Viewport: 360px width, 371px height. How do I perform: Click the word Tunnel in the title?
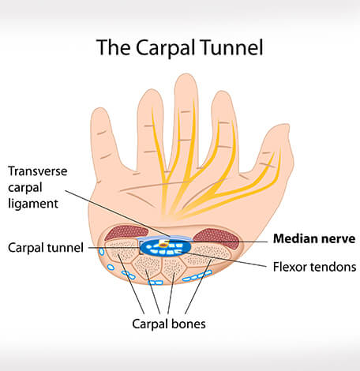pyautogui.click(x=231, y=47)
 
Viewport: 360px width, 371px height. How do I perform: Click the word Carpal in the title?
pyautogui.click(x=166, y=48)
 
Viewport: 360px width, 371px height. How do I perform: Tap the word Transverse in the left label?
pyautogui.click(x=38, y=171)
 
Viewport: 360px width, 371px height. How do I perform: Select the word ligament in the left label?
pyautogui.click(x=33, y=204)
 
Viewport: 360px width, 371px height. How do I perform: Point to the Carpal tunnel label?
pyautogui.click(x=46, y=248)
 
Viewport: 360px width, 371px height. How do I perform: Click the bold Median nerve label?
pyautogui.click(x=314, y=238)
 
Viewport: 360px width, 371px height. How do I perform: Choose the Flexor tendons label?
pyautogui.click(x=314, y=267)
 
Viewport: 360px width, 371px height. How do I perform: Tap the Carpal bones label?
pyautogui.click(x=169, y=324)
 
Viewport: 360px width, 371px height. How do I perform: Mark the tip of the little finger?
pyautogui.click(x=99, y=109)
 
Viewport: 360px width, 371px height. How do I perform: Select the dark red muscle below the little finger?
pyautogui.click(x=126, y=233)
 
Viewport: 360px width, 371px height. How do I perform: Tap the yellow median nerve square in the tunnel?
pyautogui.click(x=163, y=244)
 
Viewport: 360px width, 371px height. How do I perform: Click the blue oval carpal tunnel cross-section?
pyautogui.click(x=165, y=248)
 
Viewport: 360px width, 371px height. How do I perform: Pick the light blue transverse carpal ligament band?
pyautogui.click(x=164, y=238)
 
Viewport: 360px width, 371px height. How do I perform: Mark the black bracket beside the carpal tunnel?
pyautogui.click(x=141, y=248)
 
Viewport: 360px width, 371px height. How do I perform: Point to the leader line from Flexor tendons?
pyautogui.click(x=223, y=259)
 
